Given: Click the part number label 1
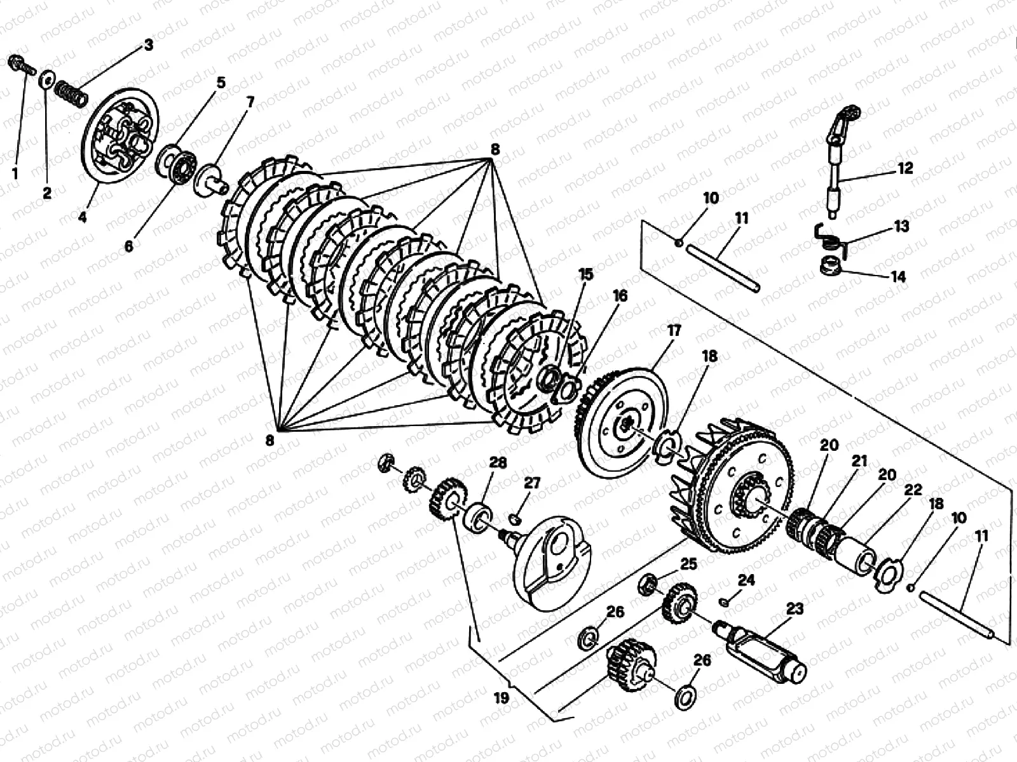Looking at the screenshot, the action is pos(15,173).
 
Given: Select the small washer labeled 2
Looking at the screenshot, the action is pos(46,81).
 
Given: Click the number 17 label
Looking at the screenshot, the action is pos(674,330).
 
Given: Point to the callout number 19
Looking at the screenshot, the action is pos(502,698).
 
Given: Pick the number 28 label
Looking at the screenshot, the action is pos(498,462).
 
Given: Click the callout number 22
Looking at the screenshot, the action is pos(913,490).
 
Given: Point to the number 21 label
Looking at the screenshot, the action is pos(860,462).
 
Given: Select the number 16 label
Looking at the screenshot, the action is pos(620,296).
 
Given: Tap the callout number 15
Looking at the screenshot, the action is pos(585,274).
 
